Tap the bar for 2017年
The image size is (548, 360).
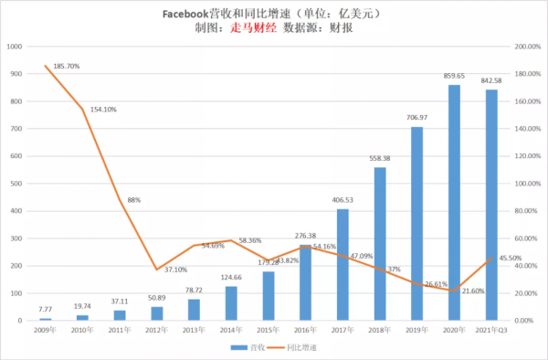(x=342, y=265)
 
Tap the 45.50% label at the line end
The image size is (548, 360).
(x=511, y=259)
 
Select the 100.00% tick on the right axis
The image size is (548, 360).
(x=528, y=183)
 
